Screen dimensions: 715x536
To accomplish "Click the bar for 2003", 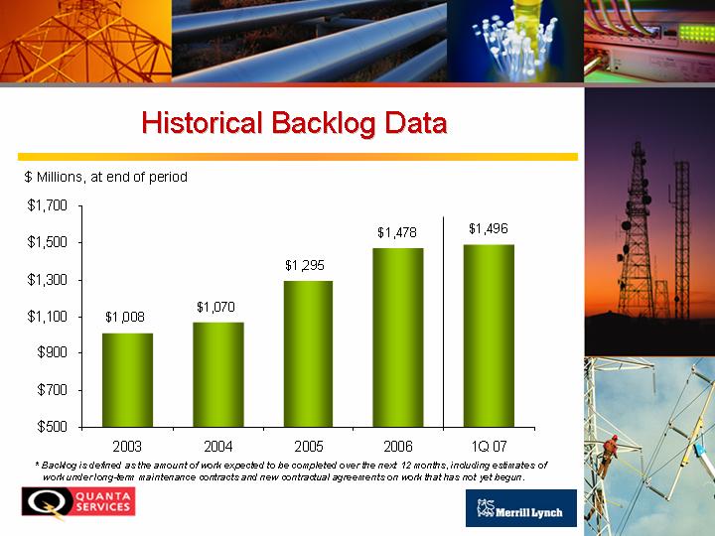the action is coord(127,380).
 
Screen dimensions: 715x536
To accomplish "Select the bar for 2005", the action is coord(308,353).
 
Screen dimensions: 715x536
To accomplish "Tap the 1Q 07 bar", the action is coord(489,335).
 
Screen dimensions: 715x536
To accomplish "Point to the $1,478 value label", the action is coord(396,232).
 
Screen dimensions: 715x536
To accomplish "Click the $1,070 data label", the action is coord(215,307).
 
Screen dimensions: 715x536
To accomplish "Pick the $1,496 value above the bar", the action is coord(489,228).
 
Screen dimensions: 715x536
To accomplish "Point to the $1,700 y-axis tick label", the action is coord(47,205).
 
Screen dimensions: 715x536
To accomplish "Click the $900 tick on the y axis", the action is coord(52,352).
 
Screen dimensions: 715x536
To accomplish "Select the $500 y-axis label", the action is coord(52,427).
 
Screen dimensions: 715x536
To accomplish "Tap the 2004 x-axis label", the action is coord(217,446).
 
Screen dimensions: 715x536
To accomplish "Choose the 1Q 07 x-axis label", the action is coord(489,446).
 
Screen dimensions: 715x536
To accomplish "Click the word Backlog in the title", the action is coord(324,123).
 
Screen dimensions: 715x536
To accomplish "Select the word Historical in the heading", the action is coord(202,122).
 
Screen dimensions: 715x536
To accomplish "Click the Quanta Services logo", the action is coord(78,502).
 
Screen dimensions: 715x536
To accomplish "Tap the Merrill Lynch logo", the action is coord(521,508).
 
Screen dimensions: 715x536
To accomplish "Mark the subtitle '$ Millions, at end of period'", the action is coord(106,177).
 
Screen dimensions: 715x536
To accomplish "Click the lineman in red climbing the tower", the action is coord(609,455).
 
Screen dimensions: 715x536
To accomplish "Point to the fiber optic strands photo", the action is coord(515,41).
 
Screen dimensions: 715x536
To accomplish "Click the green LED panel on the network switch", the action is coord(696,34).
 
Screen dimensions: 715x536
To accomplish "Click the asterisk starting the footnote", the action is coord(37,464).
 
